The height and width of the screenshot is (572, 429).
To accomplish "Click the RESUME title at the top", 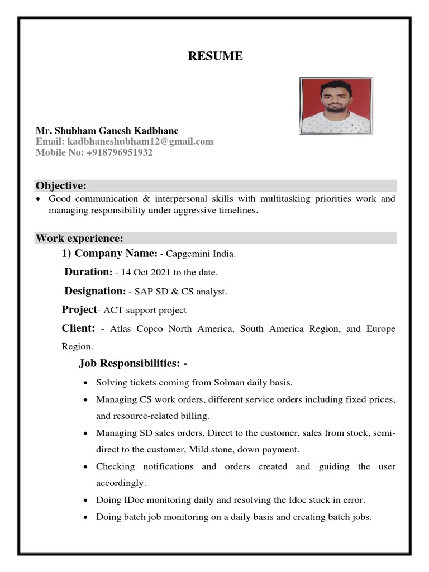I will [x=215, y=56].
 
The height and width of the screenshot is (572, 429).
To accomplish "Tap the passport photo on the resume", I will [x=336, y=106].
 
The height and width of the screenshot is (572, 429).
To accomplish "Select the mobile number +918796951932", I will [x=120, y=152].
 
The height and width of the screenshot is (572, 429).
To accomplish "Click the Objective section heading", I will [x=61, y=185].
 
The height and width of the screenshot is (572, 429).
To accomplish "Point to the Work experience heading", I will [x=79, y=239].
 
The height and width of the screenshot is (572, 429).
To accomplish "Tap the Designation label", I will [x=94, y=291].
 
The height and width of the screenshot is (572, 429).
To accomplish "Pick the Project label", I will [x=79, y=309].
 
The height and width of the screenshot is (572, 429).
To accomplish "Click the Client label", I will [x=78, y=328].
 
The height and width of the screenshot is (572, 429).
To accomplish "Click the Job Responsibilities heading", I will [x=132, y=364].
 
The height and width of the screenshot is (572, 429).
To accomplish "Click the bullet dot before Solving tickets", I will [x=84, y=383].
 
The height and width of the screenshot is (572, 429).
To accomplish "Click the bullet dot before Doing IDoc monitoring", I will [x=84, y=500].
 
